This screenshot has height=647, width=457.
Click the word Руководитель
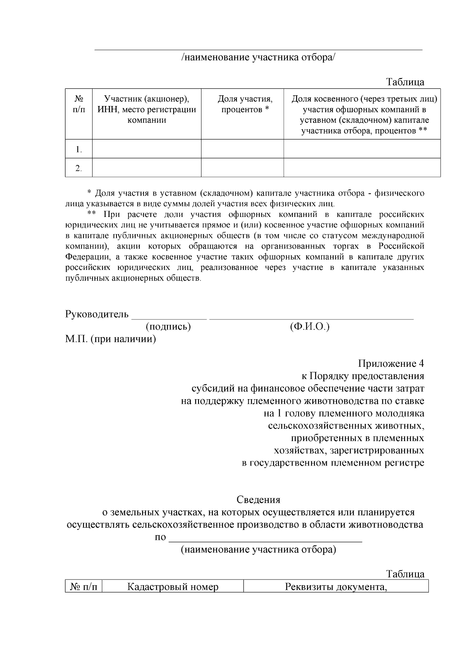click(x=97, y=315)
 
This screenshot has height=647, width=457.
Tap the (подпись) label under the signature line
click(x=168, y=327)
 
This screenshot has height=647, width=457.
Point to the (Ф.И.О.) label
click(x=309, y=327)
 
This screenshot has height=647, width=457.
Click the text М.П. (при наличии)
click(x=110, y=339)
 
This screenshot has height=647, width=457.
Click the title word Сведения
click(x=258, y=499)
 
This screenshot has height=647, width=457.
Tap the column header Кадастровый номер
click(x=173, y=587)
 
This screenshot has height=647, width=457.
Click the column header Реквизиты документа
click(x=336, y=587)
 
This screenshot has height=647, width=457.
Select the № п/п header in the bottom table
click(x=83, y=587)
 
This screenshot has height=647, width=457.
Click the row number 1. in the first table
click(x=79, y=149)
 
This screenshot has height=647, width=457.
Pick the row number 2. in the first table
click(x=79, y=168)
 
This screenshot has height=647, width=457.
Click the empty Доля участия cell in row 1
click(x=242, y=149)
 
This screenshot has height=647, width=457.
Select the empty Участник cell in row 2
click(x=147, y=168)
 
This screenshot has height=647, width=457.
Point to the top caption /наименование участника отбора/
click(x=258, y=58)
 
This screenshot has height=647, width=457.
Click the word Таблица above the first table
click(x=405, y=82)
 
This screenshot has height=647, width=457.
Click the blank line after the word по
click(x=265, y=538)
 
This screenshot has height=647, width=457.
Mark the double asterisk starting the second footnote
click(x=91, y=214)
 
